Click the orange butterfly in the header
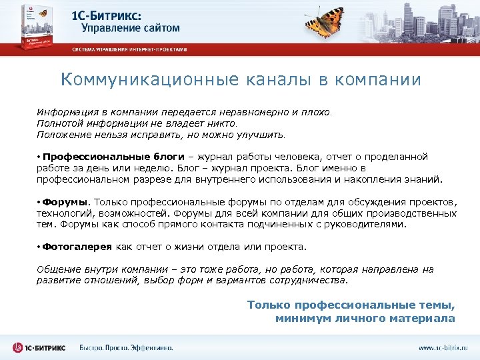click(327, 21)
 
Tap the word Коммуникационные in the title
click(144, 80)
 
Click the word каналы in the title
click(269, 80)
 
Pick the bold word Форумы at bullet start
click(65, 202)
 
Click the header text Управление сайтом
click(131, 28)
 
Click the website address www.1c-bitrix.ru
click(443, 347)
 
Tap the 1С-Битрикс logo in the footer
click(40, 347)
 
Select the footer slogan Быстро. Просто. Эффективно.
click(127, 347)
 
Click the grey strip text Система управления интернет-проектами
click(130, 50)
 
